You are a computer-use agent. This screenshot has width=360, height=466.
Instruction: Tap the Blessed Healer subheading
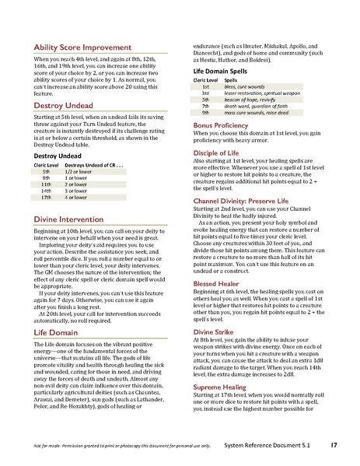(x=216, y=285)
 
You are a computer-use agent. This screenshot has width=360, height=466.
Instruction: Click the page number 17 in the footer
(x=333, y=445)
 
